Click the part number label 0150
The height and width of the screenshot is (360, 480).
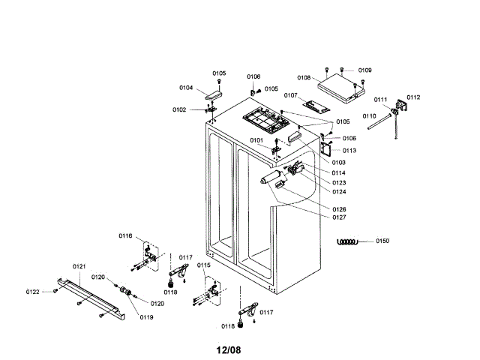tap(382, 241)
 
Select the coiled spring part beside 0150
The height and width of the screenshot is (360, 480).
tap(349, 241)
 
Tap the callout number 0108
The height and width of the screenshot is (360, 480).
tap(304, 78)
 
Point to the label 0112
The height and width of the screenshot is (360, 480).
tap(414, 97)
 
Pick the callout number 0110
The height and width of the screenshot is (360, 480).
tap(369, 116)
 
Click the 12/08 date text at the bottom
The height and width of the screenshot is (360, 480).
tap(229, 349)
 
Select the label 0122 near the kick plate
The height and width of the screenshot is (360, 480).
tap(33, 292)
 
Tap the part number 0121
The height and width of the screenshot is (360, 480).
tap(79, 266)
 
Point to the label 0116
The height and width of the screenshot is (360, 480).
tap(125, 236)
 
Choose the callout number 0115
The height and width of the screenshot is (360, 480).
tap(204, 265)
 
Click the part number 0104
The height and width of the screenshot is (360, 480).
tap(186, 88)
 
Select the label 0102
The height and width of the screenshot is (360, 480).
tap(179, 109)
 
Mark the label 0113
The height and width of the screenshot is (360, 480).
tap(349, 150)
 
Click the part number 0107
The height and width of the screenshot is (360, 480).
tap(291, 96)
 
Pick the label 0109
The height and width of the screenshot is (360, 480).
tap(365, 70)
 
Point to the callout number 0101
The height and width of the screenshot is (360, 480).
tap(256, 140)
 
